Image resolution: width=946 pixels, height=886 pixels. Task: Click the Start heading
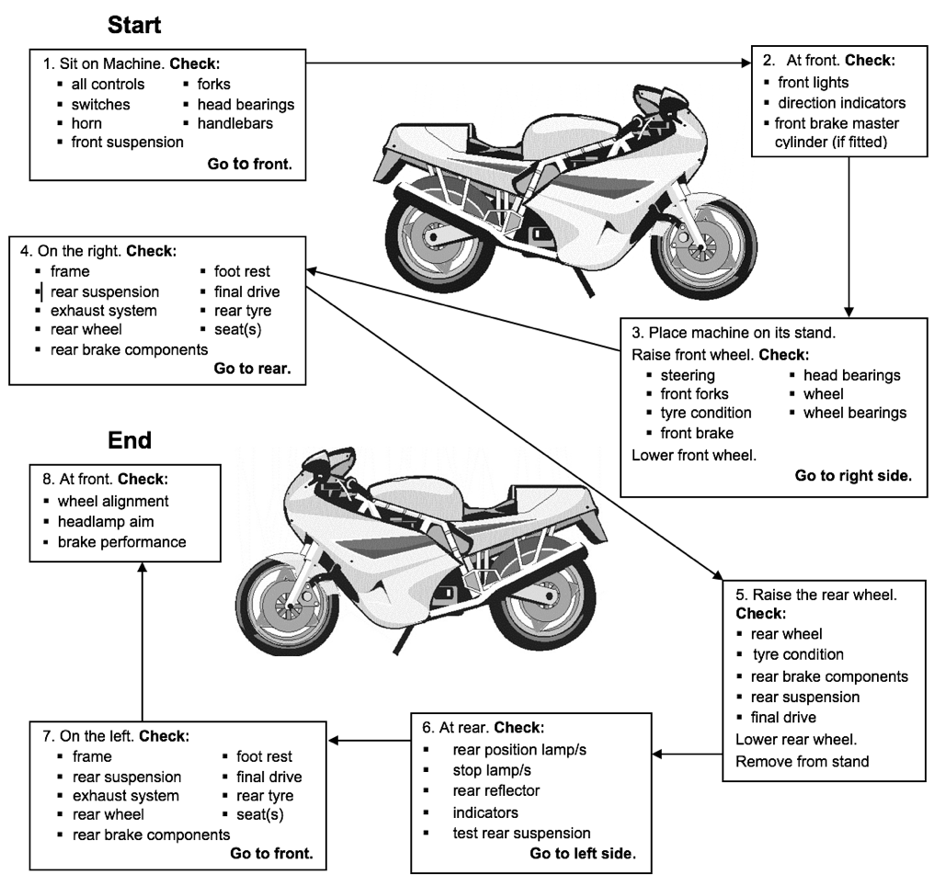(134, 25)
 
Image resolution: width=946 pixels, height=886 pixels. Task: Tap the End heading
(130, 440)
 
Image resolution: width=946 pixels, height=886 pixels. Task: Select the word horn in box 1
(86, 123)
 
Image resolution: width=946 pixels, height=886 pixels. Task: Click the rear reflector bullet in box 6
(496, 791)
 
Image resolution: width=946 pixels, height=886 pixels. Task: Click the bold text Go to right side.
(852, 476)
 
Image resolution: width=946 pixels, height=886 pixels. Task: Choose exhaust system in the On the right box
(103, 311)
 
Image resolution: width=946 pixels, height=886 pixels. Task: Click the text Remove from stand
(802, 761)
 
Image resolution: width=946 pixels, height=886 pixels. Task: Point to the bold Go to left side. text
(582, 854)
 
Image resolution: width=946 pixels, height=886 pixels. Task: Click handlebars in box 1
(234, 123)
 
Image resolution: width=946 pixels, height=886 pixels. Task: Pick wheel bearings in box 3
(854, 413)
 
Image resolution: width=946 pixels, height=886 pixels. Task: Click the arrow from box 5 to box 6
(690, 755)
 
